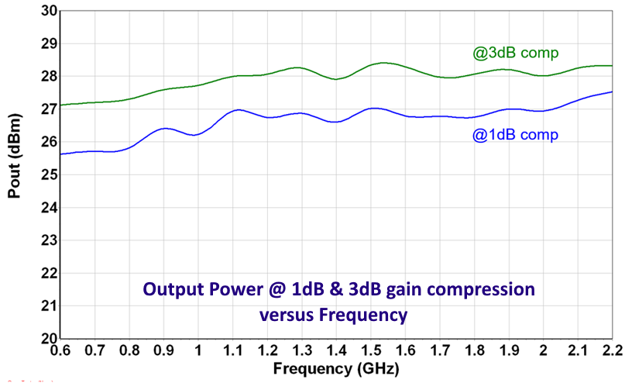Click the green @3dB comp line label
point(516,53)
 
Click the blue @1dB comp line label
point(515,134)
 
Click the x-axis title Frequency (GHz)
point(337,366)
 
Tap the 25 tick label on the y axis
point(47,174)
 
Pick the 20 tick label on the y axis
point(47,339)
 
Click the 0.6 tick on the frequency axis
point(60,351)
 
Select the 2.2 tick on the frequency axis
point(612,351)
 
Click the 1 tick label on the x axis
point(198,351)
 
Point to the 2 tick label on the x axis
point(544,351)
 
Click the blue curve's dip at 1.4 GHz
point(335,122)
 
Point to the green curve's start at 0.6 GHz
point(61,105)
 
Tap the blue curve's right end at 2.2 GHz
point(612,92)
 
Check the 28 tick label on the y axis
point(47,76)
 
